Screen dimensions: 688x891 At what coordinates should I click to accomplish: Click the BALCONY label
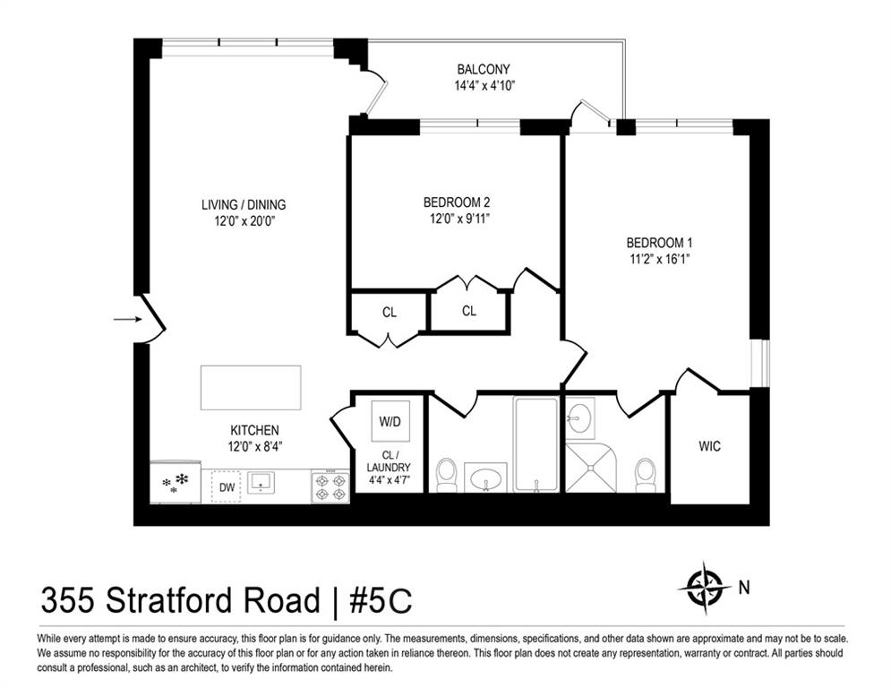484,70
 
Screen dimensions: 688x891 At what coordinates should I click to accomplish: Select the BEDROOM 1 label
659,243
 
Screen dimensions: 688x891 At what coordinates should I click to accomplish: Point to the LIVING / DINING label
244,205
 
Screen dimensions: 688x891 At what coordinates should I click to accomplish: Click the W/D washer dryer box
390,420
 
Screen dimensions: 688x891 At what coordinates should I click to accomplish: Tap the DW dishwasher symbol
226,486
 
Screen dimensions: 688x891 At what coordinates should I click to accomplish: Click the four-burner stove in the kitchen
330,486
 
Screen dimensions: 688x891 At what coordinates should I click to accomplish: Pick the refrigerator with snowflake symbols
175,483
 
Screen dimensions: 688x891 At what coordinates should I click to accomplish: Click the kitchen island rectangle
250,387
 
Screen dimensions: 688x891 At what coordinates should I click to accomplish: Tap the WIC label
709,446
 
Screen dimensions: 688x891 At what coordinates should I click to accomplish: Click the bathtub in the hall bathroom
535,444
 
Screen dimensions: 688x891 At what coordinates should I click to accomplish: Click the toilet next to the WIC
645,474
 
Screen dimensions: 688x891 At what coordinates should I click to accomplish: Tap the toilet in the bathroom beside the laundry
446,474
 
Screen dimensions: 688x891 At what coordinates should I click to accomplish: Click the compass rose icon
704,588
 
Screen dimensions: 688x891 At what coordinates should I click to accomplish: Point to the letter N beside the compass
743,588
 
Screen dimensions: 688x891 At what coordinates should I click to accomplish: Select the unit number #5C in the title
381,601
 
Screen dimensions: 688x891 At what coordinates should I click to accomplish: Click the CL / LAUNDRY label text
390,467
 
